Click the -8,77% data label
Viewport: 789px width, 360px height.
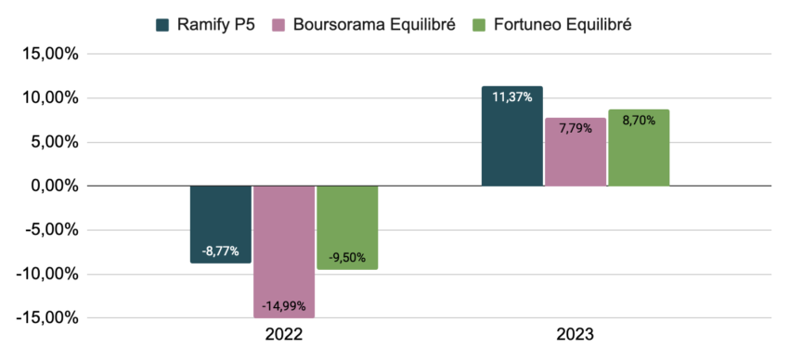(x=220, y=251)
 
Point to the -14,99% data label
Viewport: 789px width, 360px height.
(x=283, y=305)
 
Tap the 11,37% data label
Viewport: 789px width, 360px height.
(x=511, y=97)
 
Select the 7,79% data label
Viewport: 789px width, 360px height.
(x=576, y=130)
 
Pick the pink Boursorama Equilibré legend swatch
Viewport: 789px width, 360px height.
(x=279, y=25)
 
